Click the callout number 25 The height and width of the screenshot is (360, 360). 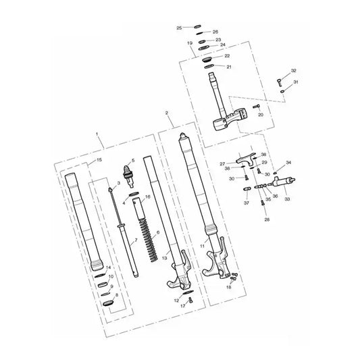[180, 28]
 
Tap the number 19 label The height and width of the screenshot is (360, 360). [191, 43]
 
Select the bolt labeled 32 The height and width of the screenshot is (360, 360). [280, 83]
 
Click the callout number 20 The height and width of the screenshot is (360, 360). [261, 115]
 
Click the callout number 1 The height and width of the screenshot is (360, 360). [99, 135]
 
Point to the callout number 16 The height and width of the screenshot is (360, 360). [148, 197]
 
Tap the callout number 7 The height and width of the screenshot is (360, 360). [135, 241]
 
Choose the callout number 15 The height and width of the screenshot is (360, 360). [100, 159]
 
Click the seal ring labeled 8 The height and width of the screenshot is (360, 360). [107, 305]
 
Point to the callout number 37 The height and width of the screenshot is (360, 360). [247, 203]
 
